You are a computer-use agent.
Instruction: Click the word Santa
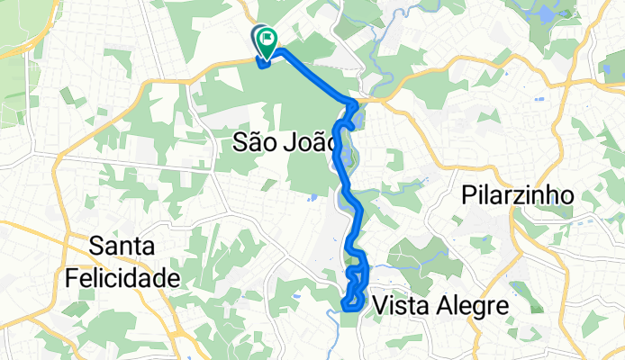(122, 246)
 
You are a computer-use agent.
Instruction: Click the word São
(255, 140)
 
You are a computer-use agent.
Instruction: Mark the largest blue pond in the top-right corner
(547, 15)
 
